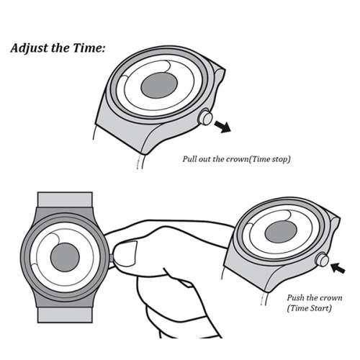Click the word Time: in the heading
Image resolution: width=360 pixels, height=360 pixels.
(x=89, y=48)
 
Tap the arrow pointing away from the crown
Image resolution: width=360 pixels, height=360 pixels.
(x=222, y=127)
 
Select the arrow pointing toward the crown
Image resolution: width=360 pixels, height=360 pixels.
(x=338, y=268)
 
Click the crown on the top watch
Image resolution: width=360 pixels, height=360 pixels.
(x=205, y=117)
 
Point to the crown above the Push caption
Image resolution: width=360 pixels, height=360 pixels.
(x=322, y=260)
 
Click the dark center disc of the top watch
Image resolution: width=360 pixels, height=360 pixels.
(x=159, y=85)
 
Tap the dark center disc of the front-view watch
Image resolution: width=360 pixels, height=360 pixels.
(x=65, y=257)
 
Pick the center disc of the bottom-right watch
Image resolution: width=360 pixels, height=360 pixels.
(x=281, y=232)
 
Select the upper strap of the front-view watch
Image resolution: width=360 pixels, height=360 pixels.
(x=65, y=199)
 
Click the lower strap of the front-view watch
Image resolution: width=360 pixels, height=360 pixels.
(x=65, y=315)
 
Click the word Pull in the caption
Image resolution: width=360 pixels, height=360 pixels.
(x=189, y=159)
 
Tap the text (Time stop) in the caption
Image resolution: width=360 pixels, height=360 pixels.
(x=269, y=160)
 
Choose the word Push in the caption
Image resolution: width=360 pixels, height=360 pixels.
(x=295, y=298)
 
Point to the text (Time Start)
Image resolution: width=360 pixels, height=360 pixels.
(x=309, y=308)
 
